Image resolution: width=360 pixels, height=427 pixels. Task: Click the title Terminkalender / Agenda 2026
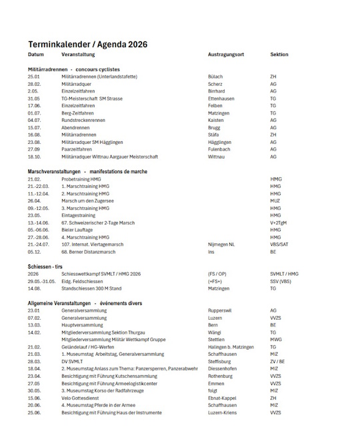tap(87, 44)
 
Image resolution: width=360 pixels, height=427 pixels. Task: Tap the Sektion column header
tap(279, 55)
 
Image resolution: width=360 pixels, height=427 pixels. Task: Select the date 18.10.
tap(34, 157)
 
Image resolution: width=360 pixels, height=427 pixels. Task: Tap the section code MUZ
tap(275, 201)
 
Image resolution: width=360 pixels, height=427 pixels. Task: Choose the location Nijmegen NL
tap(222, 244)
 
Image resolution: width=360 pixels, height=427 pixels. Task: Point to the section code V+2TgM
tap(280, 222)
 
